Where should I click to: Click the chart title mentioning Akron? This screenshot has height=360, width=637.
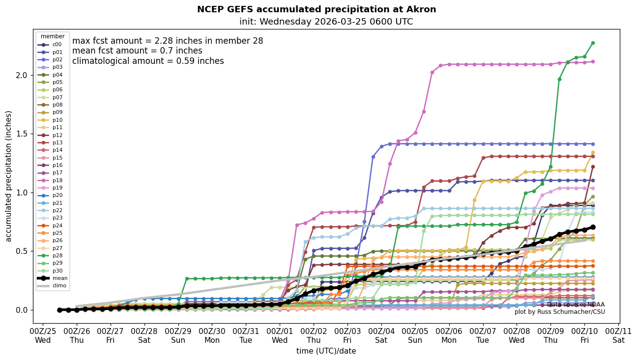[x=317, y=9]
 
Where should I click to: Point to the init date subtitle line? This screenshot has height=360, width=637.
[x=326, y=22]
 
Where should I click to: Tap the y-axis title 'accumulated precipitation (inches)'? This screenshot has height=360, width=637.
[x=8, y=176]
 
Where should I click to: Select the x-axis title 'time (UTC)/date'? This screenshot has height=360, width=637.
[x=326, y=351]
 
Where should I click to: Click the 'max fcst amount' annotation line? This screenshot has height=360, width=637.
[x=168, y=41]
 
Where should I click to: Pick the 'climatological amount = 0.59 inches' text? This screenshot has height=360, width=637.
[x=148, y=61]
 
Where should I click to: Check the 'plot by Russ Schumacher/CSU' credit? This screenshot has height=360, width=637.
[x=559, y=312]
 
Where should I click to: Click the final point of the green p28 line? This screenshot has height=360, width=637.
[x=593, y=43]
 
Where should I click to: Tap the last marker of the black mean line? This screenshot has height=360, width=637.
[x=593, y=227]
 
